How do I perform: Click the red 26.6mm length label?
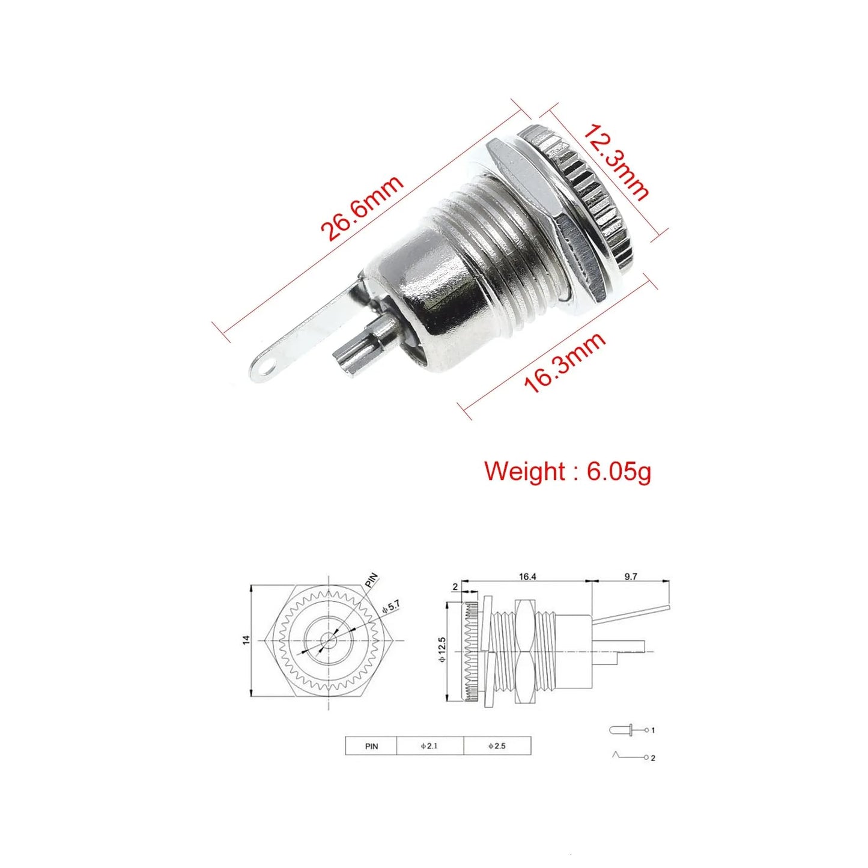[362, 208]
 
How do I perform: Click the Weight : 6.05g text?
[567, 471]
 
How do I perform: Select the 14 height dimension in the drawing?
[246, 641]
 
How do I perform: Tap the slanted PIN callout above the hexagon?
[372, 580]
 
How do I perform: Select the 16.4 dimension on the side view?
[527, 577]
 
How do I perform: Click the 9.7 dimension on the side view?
[631, 577]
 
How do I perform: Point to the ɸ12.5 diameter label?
[443, 649]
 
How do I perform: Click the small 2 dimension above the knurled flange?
[455, 587]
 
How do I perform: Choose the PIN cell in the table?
[371, 746]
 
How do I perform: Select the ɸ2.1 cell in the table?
[429, 746]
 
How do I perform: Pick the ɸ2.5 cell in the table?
[497, 746]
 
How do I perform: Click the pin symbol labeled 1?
[628, 730]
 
